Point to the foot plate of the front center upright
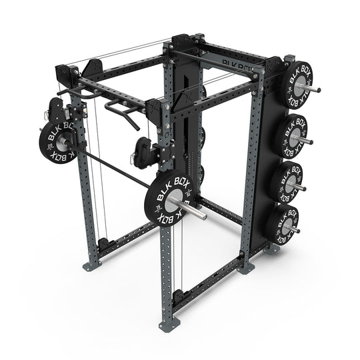tap(165, 326)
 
